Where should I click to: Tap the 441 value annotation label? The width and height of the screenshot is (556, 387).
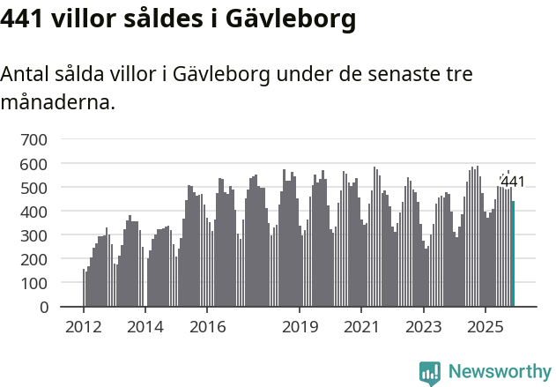click(512, 182)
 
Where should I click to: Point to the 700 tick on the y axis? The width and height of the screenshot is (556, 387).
click(34, 139)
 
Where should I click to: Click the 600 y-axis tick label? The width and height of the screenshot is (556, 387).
click(34, 164)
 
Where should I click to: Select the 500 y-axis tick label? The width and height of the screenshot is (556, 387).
click(34, 188)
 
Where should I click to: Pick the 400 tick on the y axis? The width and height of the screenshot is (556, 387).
click(34, 212)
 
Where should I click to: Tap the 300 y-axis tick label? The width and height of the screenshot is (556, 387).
click(34, 235)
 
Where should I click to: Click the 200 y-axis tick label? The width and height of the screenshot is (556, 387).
click(34, 259)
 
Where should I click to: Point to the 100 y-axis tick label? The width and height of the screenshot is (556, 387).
click(34, 283)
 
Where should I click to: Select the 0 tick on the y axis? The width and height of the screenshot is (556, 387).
click(43, 307)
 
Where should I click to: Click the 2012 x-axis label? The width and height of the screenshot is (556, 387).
click(83, 327)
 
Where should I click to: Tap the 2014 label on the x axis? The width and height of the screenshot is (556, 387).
click(145, 327)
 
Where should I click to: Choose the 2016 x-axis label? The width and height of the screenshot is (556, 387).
click(207, 327)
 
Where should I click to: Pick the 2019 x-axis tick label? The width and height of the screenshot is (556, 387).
click(300, 327)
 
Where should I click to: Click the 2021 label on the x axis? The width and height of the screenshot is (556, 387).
click(361, 327)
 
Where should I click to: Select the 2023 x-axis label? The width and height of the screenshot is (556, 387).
click(423, 327)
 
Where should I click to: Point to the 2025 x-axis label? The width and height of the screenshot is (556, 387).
click(485, 327)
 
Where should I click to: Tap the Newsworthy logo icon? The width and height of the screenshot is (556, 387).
click(430, 373)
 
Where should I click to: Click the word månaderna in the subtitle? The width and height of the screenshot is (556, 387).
click(57, 102)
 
